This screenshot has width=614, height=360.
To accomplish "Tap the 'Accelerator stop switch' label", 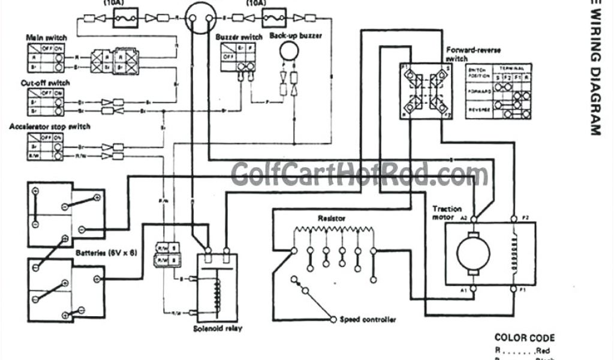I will [50, 127].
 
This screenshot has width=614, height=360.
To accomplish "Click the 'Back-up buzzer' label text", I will [296, 36].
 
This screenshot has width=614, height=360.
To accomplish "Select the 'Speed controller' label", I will [368, 320].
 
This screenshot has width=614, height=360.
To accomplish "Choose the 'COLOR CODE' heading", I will [524, 338].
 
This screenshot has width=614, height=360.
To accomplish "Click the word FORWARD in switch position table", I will [478, 92].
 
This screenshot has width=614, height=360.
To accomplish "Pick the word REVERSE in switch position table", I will [478, 110].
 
